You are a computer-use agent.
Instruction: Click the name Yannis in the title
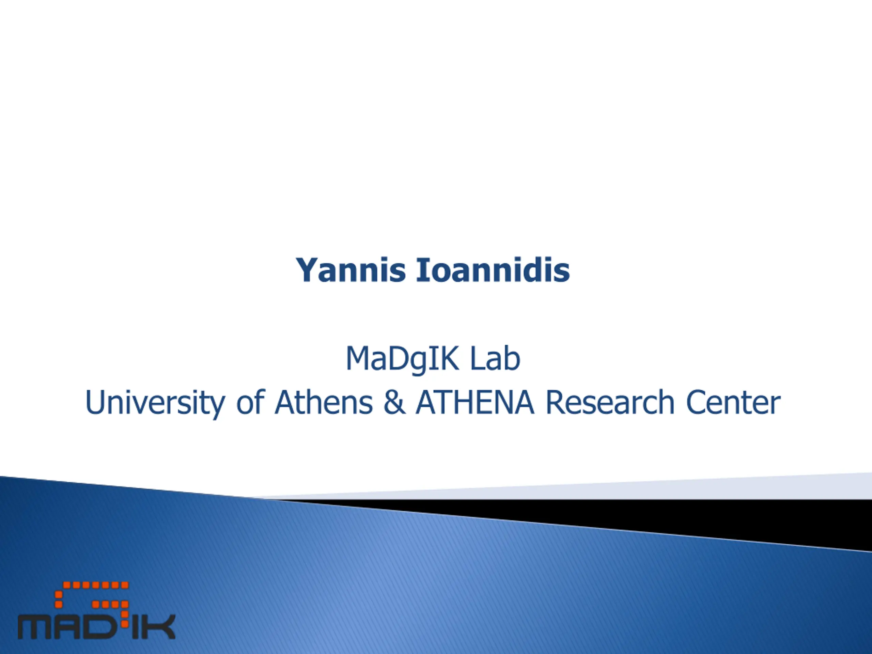point(351,270)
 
